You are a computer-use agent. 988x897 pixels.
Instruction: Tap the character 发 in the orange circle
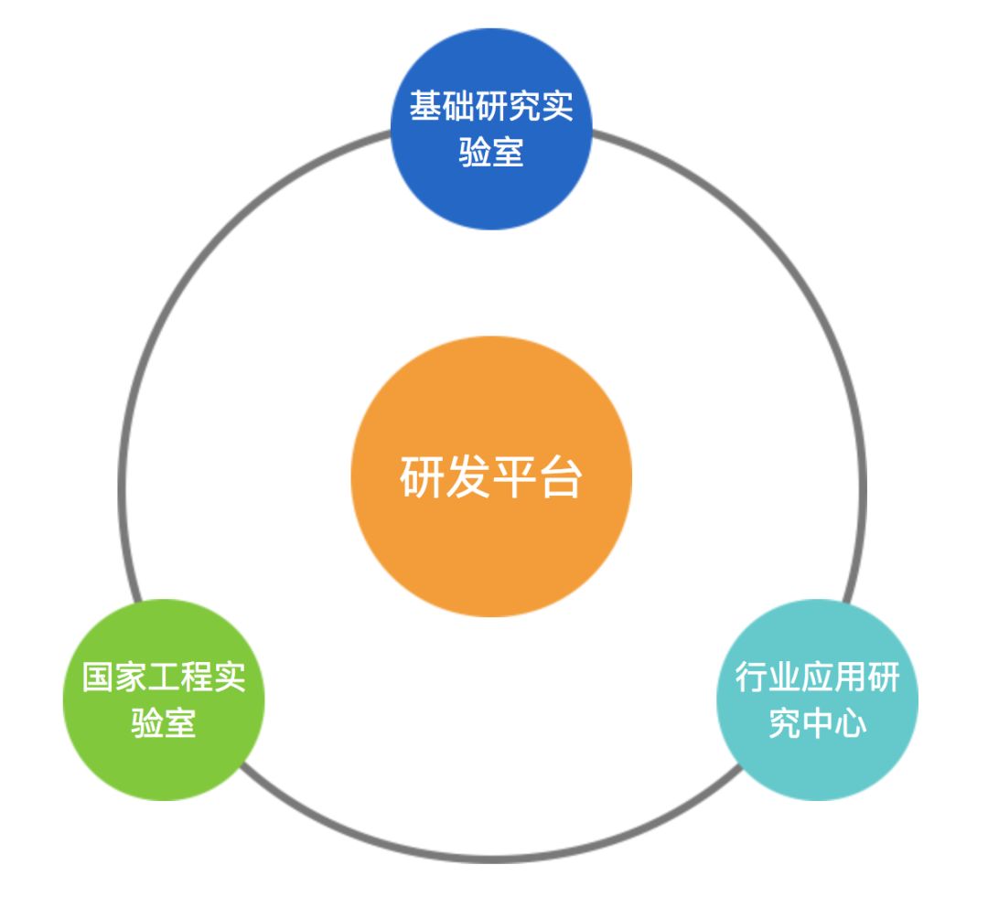pos(467,477)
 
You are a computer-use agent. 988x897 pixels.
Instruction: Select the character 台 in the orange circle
pos(560,477)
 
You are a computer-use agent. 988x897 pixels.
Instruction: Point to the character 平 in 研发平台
pos(514,477)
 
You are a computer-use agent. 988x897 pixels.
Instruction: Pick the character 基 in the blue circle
pos(425,106)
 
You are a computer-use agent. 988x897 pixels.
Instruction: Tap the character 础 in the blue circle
pos(458,106)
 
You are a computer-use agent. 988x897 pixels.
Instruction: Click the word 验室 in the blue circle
pos(491,151)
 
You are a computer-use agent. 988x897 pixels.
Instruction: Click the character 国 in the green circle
pos(98,678)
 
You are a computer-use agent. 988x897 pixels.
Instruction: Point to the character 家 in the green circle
pos(131,678)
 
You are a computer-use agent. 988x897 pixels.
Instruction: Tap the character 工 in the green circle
pos(164,678)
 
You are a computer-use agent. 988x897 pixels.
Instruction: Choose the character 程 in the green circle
pos(197,678)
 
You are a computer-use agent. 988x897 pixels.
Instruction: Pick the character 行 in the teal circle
pos(751,678)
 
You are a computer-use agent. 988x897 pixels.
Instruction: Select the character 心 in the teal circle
pos(850,723)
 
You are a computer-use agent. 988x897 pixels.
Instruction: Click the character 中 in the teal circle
pos(817,723)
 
